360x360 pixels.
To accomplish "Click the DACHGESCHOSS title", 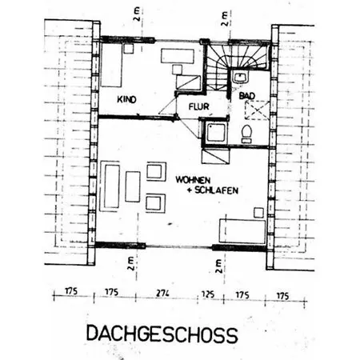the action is [x=162, y=334].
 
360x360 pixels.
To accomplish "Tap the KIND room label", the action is [x=126, y=99].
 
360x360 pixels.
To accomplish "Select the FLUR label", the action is [x=199, y=106].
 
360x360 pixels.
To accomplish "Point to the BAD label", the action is [x=247, y=96].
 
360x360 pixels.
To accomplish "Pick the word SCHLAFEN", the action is [x=216, y=190].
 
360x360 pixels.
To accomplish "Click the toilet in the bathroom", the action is [x=246, y=134].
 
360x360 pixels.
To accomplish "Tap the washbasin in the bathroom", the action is [x=241, y=78].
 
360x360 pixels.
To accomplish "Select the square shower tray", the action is [x=215, y=133].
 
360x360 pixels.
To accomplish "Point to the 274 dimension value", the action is [x=162, y=294].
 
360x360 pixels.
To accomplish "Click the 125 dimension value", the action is [x=208, y=294].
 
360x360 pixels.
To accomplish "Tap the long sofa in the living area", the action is [x=110, y=186].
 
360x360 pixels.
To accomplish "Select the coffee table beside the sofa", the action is [x=133, y=186].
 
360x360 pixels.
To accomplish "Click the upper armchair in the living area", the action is [x=156, y=171].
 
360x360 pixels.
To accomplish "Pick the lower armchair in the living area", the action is [x=155, y=203].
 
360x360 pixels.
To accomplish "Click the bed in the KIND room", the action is [x=111, y=65].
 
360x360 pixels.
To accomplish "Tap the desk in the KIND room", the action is [x=178, y=56].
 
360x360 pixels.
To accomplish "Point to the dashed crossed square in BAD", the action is [x=257, y=110].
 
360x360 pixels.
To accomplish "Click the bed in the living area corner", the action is [x=242, y=231].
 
